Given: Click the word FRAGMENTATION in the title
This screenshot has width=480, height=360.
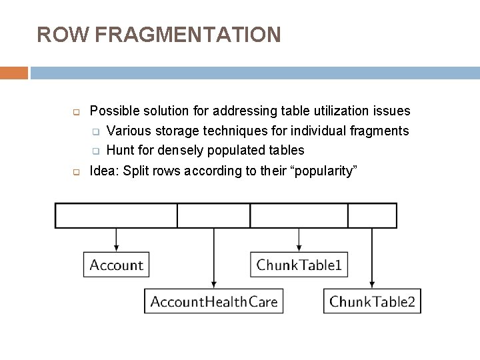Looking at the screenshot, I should (x=188, y=34).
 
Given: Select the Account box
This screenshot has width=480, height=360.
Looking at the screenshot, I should (x=117, y=265).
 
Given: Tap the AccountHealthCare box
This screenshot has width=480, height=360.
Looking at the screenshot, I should (x=214, y=301).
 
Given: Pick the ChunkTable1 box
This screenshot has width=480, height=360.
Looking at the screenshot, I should (x=299, y=265).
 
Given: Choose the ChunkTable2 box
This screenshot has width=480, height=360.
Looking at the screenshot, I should (x=372, y=301).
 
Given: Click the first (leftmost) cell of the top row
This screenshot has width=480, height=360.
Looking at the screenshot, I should (x=116, y=215).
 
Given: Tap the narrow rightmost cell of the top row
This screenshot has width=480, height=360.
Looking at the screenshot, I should (x=372, y=215).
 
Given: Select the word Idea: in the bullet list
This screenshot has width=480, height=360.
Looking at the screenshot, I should (x=104, y=171).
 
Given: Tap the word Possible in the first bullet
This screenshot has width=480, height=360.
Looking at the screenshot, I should (x=113, y=110).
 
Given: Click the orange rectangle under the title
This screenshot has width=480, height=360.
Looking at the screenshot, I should (x=14, y=73).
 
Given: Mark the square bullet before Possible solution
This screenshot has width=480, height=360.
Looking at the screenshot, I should (x=76, y=111).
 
